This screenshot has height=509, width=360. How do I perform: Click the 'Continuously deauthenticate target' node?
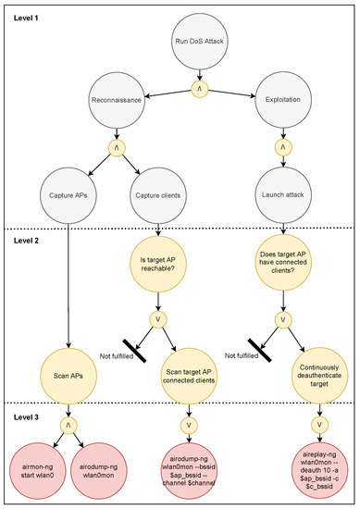coord(304,354)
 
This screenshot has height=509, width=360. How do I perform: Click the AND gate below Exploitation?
coord(279,145)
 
